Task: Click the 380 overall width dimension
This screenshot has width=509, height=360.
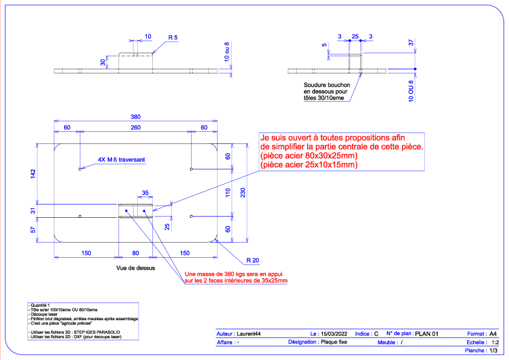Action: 135,117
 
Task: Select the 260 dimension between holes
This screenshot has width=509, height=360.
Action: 135,128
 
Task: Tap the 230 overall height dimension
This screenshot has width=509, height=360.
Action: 243,192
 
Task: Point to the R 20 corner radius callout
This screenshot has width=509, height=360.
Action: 253,260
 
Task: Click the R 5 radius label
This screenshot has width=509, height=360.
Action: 173,38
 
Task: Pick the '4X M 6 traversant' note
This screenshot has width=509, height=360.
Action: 122,160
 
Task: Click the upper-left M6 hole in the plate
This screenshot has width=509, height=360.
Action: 80,169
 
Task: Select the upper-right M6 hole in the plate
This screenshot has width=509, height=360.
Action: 191,169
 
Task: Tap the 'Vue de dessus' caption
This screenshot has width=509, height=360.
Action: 135,268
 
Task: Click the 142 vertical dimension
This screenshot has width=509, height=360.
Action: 33,174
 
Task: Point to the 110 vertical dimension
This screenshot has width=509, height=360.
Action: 227,192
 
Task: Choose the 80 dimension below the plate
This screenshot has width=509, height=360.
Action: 135,253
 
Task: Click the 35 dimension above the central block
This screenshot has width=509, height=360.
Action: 145,193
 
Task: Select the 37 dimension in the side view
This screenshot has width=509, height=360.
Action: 411,42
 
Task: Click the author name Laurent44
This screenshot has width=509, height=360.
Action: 248,334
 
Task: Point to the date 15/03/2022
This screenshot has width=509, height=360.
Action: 334,334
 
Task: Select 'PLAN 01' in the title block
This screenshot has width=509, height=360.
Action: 427,334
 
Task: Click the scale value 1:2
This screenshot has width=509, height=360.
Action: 495,342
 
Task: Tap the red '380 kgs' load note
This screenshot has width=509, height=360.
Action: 236,278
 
